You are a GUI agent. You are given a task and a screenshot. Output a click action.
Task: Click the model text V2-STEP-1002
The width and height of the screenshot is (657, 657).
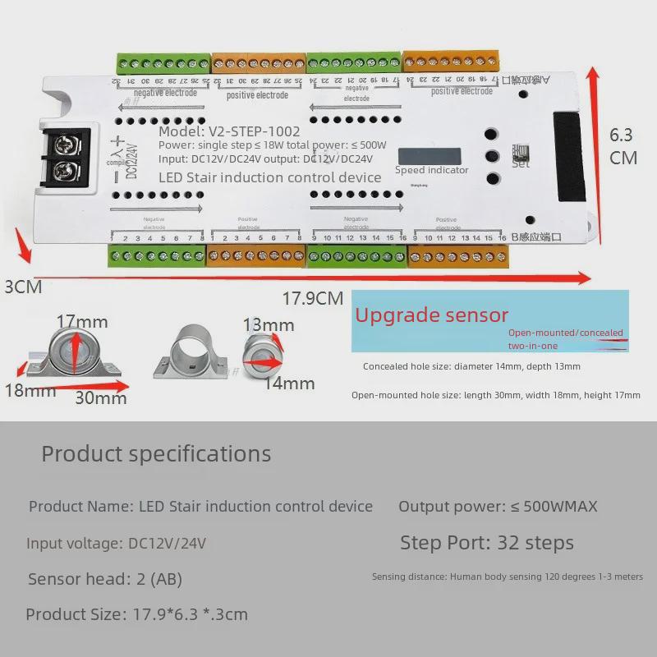point(229,131)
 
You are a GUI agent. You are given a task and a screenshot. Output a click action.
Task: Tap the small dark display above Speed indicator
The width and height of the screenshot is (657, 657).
point(430,155)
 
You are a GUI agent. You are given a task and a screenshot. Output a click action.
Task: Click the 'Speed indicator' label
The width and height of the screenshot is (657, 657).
point(431,170)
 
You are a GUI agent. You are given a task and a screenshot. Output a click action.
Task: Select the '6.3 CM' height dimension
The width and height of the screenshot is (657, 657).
point(623,146)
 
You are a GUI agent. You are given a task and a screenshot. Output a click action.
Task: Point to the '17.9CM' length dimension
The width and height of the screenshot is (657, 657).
point(313,298)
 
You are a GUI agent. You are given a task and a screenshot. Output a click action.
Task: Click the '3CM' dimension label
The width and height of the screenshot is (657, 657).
point(23,287)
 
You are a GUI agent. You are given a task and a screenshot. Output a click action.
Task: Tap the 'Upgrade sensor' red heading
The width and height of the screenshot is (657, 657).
point(431,315)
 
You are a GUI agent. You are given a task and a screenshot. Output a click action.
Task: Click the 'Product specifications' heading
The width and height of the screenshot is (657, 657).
point(156,453)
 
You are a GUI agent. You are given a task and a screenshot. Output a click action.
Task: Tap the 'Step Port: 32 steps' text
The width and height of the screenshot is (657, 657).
point(487,543)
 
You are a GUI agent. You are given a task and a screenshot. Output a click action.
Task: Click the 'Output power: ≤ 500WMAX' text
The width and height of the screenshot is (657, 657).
point(498,507)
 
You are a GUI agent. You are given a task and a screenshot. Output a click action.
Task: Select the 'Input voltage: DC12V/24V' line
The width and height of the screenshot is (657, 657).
point(116,543)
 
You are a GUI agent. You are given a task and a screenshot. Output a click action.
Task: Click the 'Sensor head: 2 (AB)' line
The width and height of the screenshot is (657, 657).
point(105,579)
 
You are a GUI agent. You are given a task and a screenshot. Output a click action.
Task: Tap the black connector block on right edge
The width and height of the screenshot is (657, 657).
point(570,157)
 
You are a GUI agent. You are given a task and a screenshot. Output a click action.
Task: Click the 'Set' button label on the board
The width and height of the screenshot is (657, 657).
point(521,163)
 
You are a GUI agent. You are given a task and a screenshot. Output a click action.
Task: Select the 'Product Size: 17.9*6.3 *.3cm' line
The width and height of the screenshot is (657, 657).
point(136,614)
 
